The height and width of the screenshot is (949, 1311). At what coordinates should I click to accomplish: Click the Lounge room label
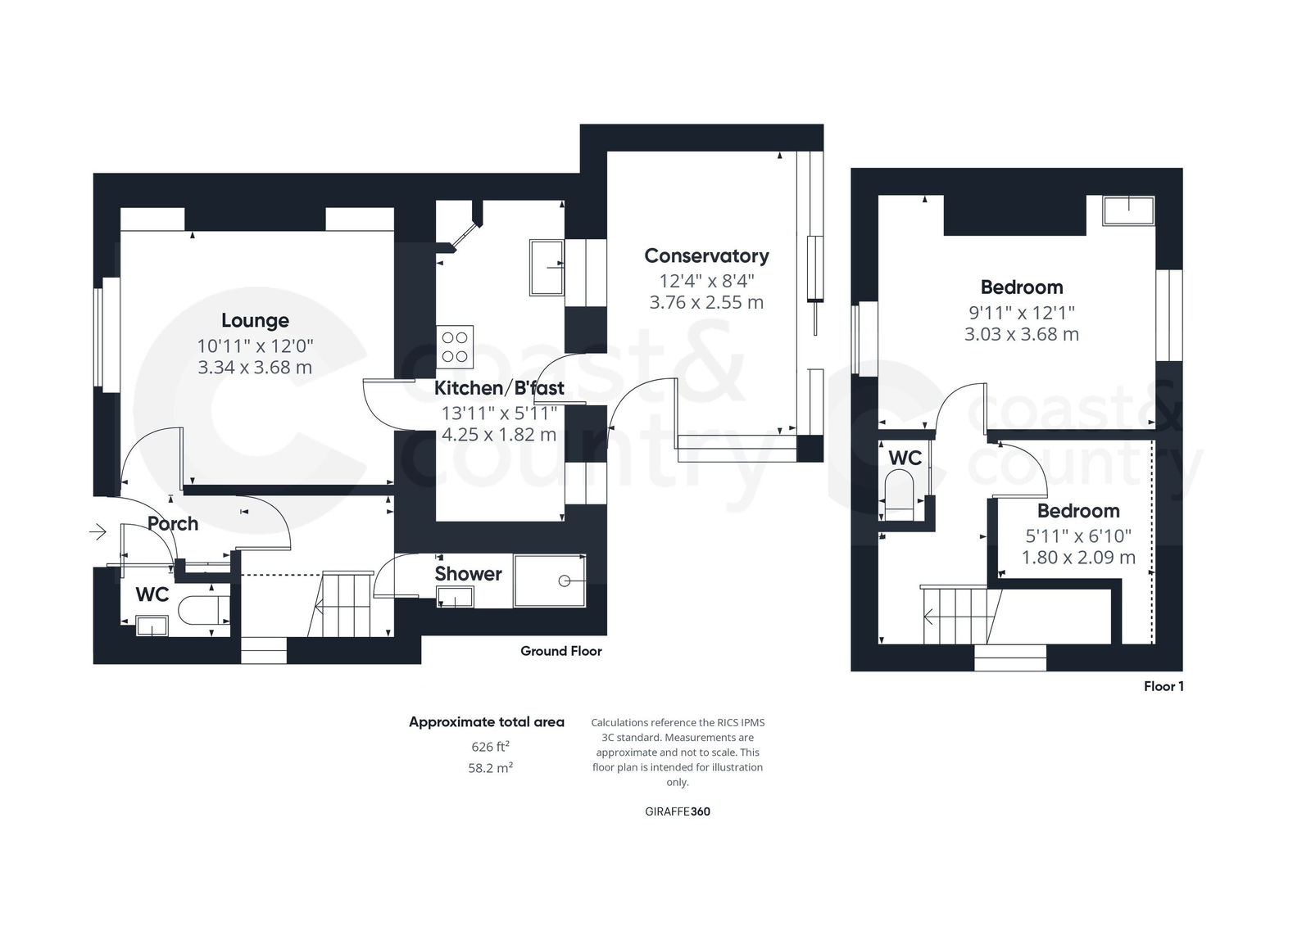pos(255,320)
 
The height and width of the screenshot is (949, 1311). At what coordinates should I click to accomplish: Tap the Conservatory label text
pos(706,255)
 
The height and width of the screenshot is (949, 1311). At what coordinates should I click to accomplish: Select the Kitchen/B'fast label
pos(499,387)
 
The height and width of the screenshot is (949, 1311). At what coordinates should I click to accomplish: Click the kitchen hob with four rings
pos(455,346)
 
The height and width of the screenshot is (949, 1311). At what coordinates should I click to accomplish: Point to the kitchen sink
pos(546,267)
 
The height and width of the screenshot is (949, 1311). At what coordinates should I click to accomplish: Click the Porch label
pos(173,523)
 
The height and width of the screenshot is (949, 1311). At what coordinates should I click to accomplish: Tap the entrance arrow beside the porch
pos(98,533)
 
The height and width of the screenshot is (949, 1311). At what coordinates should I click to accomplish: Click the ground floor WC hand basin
pos(152,626)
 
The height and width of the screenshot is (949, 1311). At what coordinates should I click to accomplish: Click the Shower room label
pos(468,574)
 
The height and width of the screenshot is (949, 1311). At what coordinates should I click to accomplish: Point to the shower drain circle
pos(564,581)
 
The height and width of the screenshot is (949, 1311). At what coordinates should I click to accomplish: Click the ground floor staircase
pos(348,604)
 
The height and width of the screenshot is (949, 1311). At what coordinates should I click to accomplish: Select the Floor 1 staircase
pos(959,615)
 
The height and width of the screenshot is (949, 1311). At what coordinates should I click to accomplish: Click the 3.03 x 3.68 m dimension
pos(1021,334)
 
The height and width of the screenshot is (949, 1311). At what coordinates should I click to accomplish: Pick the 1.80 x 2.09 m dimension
pos(1078,558)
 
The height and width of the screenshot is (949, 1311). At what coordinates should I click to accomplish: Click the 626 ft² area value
pos(490,747)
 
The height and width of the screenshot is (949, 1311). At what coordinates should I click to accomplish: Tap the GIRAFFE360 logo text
pos(677,812)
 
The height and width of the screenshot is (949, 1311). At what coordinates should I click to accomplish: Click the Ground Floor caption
pos(560,651)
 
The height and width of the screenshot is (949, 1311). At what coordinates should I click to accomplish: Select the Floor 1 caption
pos(1164,686)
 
